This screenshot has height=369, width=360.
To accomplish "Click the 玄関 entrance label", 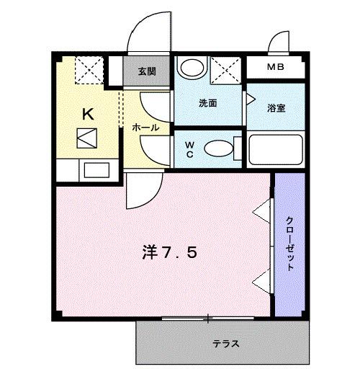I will pos(147,71).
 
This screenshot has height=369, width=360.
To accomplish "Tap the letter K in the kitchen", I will pos(88,113).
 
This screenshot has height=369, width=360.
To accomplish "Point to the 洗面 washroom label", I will pos(209,103).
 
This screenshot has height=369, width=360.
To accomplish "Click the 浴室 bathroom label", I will pos(277,108).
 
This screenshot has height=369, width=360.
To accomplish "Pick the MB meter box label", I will pos(276,68).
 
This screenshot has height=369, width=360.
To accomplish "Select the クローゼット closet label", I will pos(290,243).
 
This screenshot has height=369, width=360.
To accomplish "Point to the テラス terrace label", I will pos(225,343).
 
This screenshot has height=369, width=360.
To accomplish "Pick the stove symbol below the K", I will pos(88,138).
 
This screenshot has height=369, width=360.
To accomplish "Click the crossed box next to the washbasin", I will pos(228,70).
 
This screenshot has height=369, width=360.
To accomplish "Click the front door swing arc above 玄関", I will pos(148,35).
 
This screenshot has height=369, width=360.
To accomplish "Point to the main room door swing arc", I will pos(143,192).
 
